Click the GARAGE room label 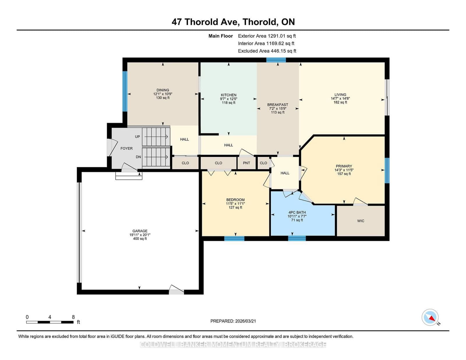coord(140,231)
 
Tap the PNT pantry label coord(246,163)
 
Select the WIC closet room coord(361,221)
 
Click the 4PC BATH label coord(297,212)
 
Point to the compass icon coord(430,317)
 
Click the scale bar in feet coord(50,322)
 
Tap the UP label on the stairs coord(137,137)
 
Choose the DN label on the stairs coord(138,157)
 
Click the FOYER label coord(126,148)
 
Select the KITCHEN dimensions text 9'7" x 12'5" coord(229,99)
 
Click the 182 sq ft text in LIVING coord(340,102)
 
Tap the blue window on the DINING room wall coord(125,91)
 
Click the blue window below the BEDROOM coord(234,239)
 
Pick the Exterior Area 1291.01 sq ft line coord(267,36)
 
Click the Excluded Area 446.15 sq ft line coord(267,51)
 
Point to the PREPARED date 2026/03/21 coord(233,321)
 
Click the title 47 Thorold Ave coord(233,22)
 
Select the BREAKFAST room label coord(278,105)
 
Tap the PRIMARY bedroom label coord(344,166)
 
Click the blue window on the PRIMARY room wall coord(387,170)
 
